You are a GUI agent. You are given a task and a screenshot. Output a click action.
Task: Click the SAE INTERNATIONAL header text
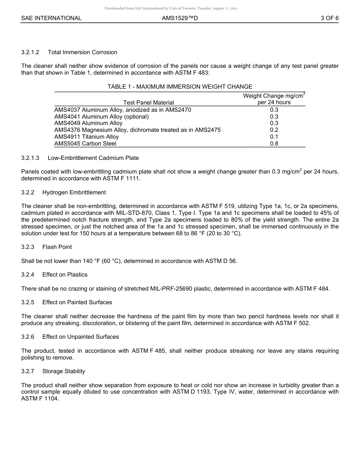pos(51,18)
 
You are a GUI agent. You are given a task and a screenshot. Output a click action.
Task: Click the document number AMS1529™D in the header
pos(180,18)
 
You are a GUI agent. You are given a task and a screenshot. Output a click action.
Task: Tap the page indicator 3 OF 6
pos(329,18)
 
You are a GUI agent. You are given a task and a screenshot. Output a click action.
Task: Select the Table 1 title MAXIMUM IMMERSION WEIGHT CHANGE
pos(180,87)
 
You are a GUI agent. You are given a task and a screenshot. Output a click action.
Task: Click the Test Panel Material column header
pos(149,103)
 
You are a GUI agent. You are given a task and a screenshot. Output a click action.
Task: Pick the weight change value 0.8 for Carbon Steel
pos(274,144)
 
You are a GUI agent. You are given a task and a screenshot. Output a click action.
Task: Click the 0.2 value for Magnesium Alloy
pos(274,130)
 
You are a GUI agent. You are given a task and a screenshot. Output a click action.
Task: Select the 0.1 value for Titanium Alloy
pos(274,137)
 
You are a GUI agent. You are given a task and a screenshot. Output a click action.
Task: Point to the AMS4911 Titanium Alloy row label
pos(86,137)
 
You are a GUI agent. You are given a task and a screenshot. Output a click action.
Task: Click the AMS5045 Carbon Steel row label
pos(85,144)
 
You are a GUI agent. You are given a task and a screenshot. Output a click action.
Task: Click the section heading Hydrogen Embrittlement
pos(74,192)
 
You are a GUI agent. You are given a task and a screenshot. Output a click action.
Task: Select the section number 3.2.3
pos(28,247)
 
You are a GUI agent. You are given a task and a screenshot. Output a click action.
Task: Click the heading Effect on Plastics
pos(65,275)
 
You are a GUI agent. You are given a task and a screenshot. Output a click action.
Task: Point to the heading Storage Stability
pos(64,371)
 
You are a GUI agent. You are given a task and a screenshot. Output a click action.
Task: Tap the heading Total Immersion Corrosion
pos(82,52)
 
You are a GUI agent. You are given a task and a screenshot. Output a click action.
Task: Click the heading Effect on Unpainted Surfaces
pos(80,337)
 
